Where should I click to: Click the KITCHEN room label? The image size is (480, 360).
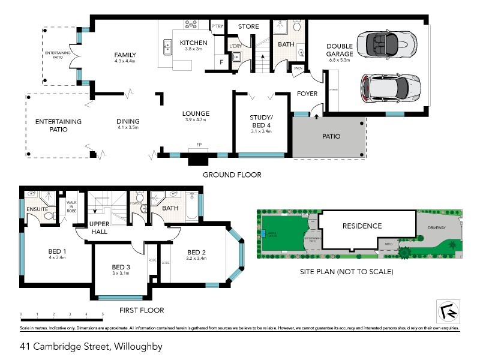click(x=194, y=43)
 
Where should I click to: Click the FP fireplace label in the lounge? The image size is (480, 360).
click(x=198, y=146)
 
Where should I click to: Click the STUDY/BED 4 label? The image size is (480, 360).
click(x=261, y=121)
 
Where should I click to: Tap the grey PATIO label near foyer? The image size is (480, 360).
click(x=331, y=137)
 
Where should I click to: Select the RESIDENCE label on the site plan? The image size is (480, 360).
click(x=362, y=226)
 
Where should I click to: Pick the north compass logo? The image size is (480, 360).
click(x=445, y=311)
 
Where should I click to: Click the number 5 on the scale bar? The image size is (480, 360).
click(x=103, y=315)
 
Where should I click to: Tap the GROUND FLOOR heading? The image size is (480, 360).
click(x=232, y=175)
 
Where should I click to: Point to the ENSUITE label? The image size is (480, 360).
click(x=37, y=209)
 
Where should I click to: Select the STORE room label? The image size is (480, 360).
click(x=248, y=26)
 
